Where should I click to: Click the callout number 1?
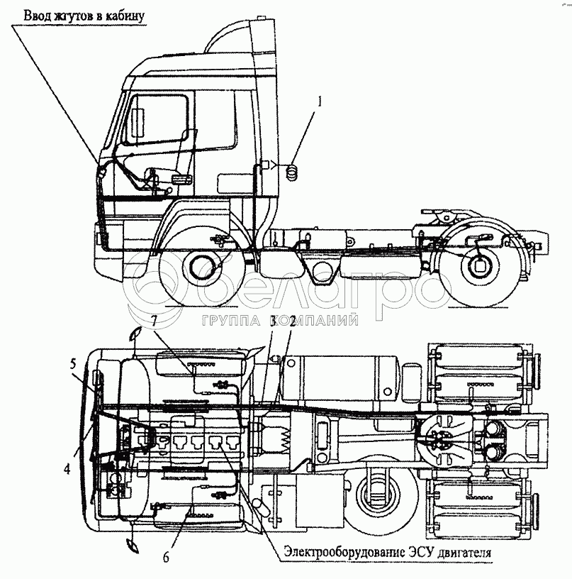(320, 101)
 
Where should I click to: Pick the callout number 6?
(166, 557)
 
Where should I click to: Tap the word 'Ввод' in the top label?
(39, 15)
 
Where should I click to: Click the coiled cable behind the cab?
(291, 171)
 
